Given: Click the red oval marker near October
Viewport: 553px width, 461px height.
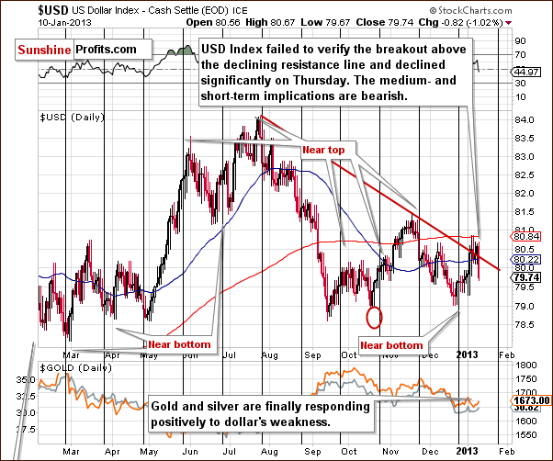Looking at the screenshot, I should coord(373,318).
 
